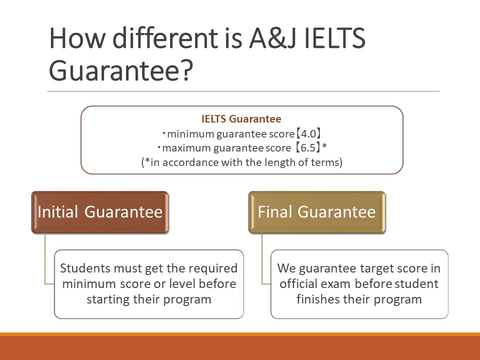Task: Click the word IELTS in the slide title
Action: point(335,38)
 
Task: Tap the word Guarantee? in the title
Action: point(121,70)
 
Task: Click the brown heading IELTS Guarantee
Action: point(241,119)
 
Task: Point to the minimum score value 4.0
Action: point(308,134)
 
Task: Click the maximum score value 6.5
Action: point(308,148)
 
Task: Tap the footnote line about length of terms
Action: point(242,162)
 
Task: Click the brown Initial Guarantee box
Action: point(100,212)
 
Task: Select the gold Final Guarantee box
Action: point(317,212)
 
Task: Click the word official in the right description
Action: point(298,284)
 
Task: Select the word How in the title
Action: point(77,38)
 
